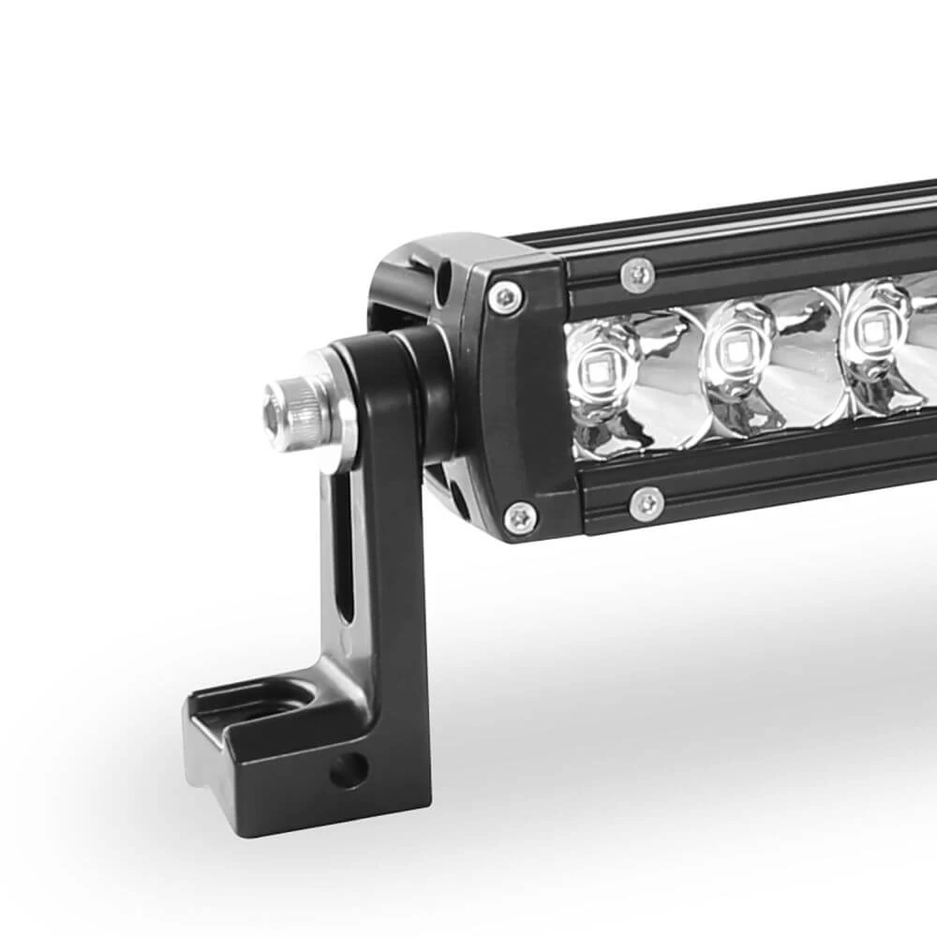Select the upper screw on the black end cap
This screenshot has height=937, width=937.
506,298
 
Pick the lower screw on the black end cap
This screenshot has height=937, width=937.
520,516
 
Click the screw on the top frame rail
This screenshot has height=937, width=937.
637,274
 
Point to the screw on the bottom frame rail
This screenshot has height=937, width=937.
647,504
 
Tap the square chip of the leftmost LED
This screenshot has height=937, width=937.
596,370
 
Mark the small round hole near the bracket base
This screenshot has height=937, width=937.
349,770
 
